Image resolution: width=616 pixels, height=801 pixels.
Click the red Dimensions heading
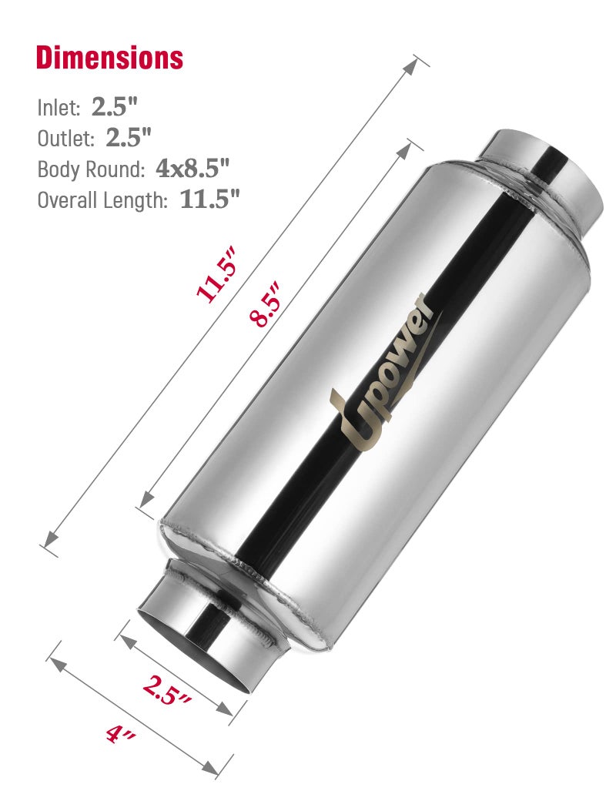(109, 58)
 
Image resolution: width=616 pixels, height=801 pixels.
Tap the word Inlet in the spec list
(59, 107)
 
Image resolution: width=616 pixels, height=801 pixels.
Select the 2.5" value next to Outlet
(129, 137)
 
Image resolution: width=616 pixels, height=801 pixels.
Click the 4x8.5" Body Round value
(192, 168)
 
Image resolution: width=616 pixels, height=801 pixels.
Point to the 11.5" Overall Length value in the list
(210, 199)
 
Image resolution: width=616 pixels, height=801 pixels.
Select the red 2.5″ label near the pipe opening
(167, 690)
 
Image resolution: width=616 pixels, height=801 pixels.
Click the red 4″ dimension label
(121, 735)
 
